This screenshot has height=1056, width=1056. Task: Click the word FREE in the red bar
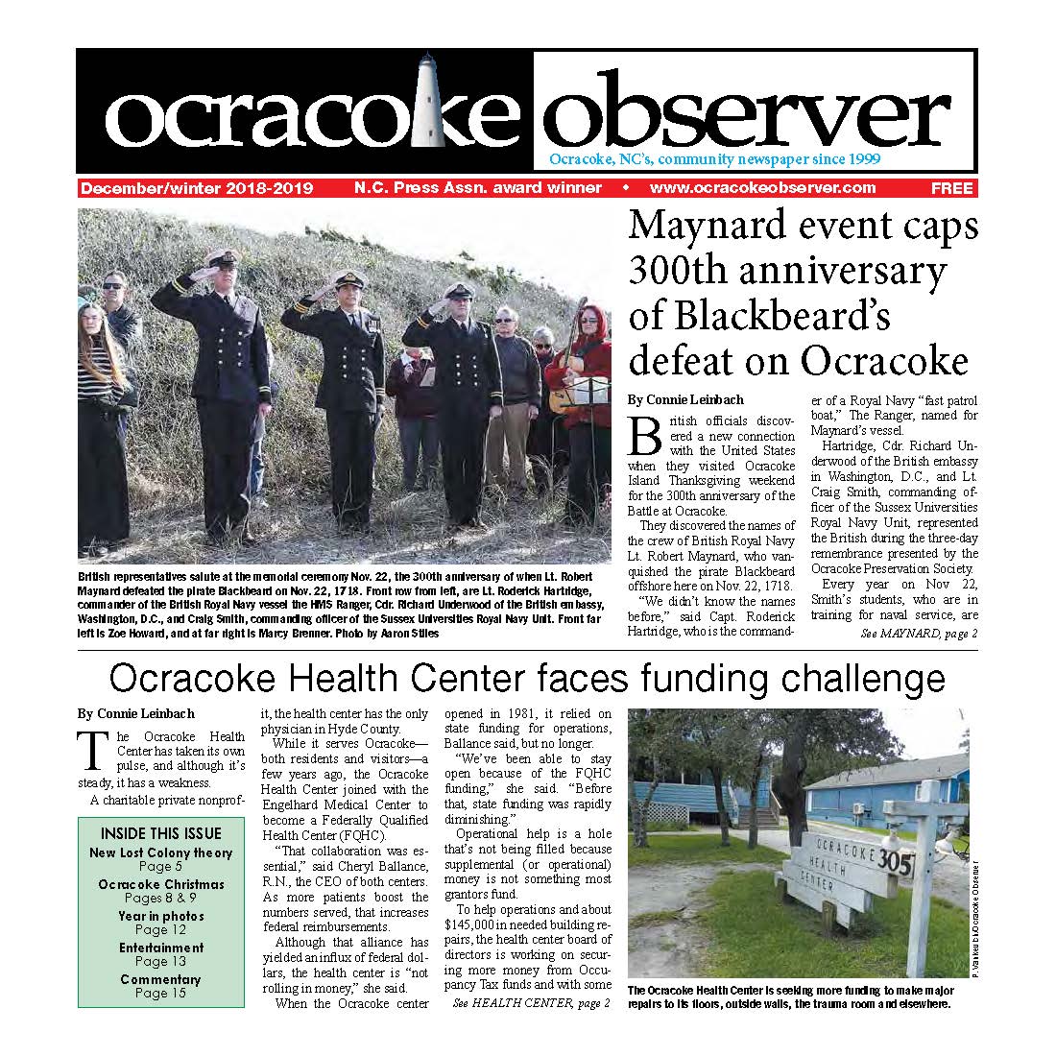950,188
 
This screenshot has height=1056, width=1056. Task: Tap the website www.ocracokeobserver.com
762,188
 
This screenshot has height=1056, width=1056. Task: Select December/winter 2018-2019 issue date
197,188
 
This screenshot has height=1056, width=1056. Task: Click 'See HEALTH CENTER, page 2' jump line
530,1002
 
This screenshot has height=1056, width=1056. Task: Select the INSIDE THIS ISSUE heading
160,833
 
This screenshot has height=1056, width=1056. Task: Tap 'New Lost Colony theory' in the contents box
160,852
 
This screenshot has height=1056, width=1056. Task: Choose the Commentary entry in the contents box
160,979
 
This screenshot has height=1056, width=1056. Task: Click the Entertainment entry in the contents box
160,948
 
